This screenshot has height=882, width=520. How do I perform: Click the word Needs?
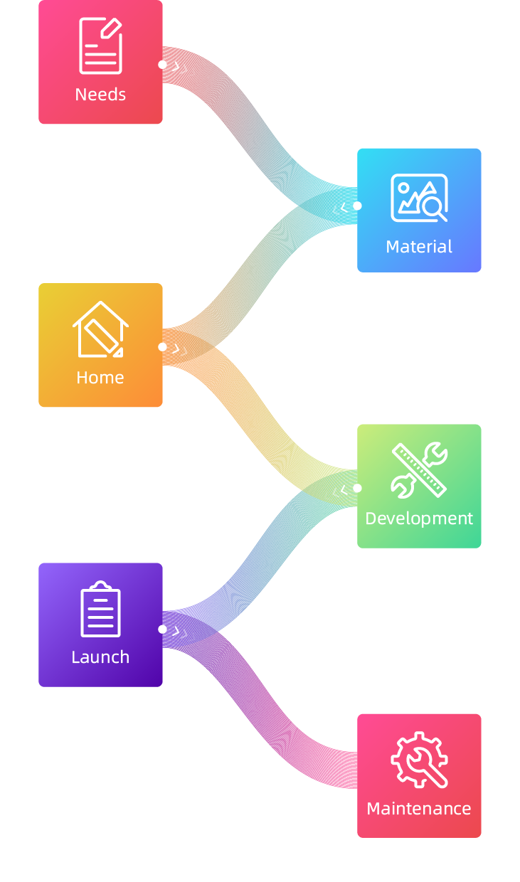tap(100, 95)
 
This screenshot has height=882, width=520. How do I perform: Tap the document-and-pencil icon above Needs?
tap(100, 46)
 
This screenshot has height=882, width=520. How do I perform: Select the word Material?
tap(419, 247)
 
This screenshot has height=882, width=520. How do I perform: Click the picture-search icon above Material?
tap(419, 198)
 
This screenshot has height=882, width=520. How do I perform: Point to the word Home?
tap(100, 378)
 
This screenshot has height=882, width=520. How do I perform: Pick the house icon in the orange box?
tap(100, 329)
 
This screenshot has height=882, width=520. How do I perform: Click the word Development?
tap(419, 519)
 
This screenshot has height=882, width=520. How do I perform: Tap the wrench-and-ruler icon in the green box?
tap(419, 469)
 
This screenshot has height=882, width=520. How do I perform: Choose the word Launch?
tap(100, 657)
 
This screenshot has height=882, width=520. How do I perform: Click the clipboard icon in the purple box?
tap(100, 609)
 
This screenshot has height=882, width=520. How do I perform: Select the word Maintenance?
tap(419, 809)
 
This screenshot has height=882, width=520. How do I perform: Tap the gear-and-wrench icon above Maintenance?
tap(419, 760)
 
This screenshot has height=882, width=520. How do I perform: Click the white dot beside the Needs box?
tap(163, 65)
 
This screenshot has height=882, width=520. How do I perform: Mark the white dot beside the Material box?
tap(357, 206)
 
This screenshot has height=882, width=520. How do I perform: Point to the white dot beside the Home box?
tap(163, 347)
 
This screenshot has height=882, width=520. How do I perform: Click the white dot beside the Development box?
tap(357, 488)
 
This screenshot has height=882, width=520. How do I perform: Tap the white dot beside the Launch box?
tap(163, 629)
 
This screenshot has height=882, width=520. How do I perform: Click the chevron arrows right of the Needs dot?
tap(184, 69)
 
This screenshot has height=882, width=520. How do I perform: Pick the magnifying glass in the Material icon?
tap(433, 208)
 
